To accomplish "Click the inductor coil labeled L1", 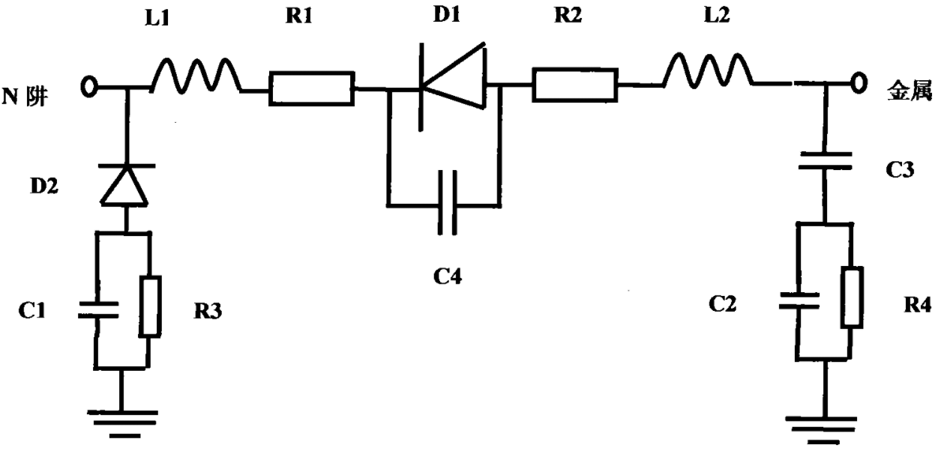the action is (x=196, y=75).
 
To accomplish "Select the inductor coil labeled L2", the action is (x=708, y=70).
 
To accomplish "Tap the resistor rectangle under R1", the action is (x=312, y=88).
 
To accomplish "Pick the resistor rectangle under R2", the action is (x=575, y=85).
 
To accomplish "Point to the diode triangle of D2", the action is (x=124, y=185).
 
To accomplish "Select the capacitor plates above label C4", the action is (x=447, y=202).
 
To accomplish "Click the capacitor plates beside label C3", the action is (x=826, y=161).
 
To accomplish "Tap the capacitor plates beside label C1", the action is (x=98, y=309).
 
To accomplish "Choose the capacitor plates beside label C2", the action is (x=799, y=300).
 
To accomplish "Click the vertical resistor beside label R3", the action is (x=150, y=306).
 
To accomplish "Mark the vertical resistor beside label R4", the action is (x=852, y=297).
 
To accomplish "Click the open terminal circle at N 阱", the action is (x=89, y=87).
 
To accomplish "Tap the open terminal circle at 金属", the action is (x=859, y=83).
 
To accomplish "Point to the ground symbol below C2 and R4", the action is (x=821, y=431).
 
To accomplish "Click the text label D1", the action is (x=447, y=14).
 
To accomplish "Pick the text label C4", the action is (x=448, y=276).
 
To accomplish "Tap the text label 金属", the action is (x=910, y=91).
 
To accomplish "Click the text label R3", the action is (x=208, y=312).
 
